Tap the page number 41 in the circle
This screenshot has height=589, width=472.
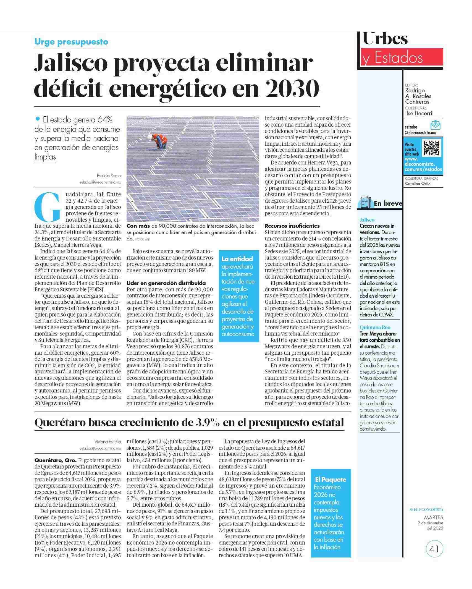(x=434, y=549)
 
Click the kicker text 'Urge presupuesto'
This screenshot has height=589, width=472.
(x=71, y=42)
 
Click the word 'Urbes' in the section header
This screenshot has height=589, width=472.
(x=385, y=39)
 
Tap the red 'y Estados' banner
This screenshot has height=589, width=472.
(x=402, y=58)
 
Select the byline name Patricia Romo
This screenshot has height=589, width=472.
(x=109, y=176)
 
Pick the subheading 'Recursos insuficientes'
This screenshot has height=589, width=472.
(x=292, y=226)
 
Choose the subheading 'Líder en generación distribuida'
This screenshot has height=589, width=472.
(x=166, y=283)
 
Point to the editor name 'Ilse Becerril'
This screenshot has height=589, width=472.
(x=419, y=113)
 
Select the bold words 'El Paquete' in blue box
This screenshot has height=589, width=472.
(x=331, y=479)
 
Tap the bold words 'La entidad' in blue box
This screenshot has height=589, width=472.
(x=237, y=259)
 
